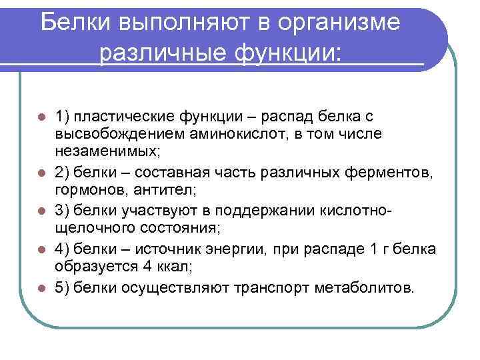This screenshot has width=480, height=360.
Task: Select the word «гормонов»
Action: coord(87,191)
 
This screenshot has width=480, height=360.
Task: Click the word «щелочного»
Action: coord(91,228)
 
